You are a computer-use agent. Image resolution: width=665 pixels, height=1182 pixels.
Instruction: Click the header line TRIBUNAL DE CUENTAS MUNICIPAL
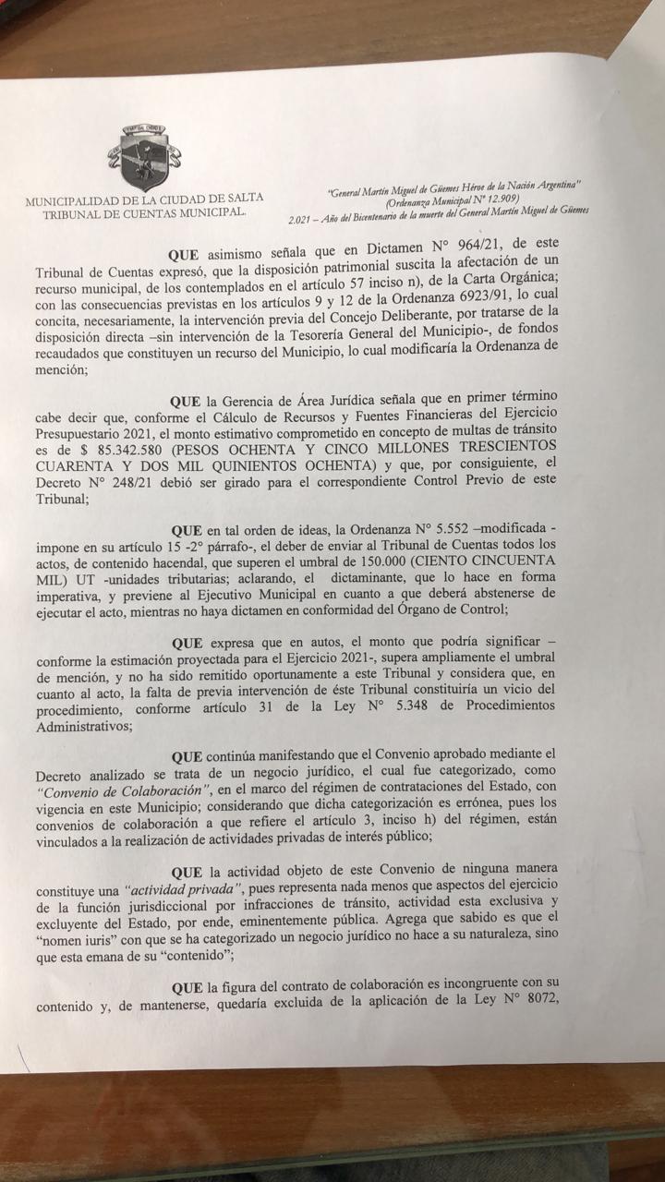click(145, 212)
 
